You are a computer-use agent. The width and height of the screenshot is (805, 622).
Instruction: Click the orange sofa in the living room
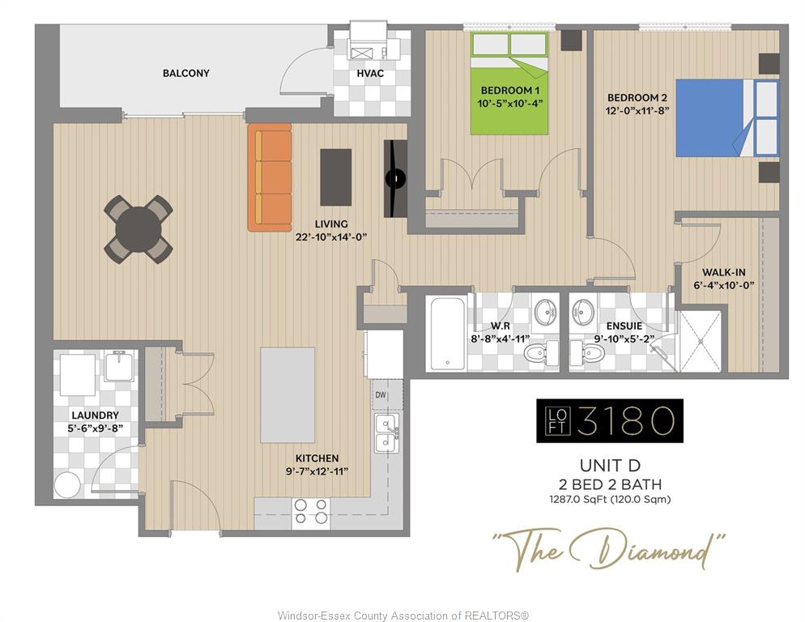pyautogui.click(x=270, y=177)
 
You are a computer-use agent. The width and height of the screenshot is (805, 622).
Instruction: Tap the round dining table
pyautogui.click(x=138, y=229)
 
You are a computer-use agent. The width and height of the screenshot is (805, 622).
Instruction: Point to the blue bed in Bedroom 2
pyautogui.click(x=727, y=117)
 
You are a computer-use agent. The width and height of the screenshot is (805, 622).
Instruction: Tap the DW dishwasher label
pyautogui.click(x=381, y=395)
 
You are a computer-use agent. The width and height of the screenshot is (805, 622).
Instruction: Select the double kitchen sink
pyautogui.click(x=386, y=433)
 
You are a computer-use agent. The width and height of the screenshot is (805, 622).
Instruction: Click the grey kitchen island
pyautogui.click(x=287, y=395)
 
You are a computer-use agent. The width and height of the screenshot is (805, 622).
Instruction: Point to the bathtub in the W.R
pyautogui.click(x=448, y=333)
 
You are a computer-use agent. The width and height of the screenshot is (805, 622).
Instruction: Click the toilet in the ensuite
pyautogui.click(x=591, y=352)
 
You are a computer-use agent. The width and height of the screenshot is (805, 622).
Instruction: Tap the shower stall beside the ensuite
pyautogui.click(x=701, y=341)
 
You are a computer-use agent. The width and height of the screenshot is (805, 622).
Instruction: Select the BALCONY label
pyautogui.click(x=185, y=73)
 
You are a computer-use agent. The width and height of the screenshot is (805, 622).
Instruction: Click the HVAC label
pyautogui.click(x=370, y=74)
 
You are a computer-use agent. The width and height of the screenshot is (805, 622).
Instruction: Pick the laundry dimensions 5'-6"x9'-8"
pyautogui.click(x=96, y=428)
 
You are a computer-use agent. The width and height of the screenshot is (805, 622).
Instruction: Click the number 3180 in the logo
pyautogui.click(x=625, y=420)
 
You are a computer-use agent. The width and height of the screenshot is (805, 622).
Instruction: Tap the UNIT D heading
pyautogui.click(x=610, y=466)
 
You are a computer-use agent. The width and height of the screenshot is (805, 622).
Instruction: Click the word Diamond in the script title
pyautogui.click(x=649, y=551)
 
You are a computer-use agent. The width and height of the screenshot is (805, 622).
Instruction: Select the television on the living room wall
pyautogui.click(x=395, y=178)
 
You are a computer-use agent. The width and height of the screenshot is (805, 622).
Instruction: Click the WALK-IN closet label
pyautogui.click(x=724, y=272)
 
